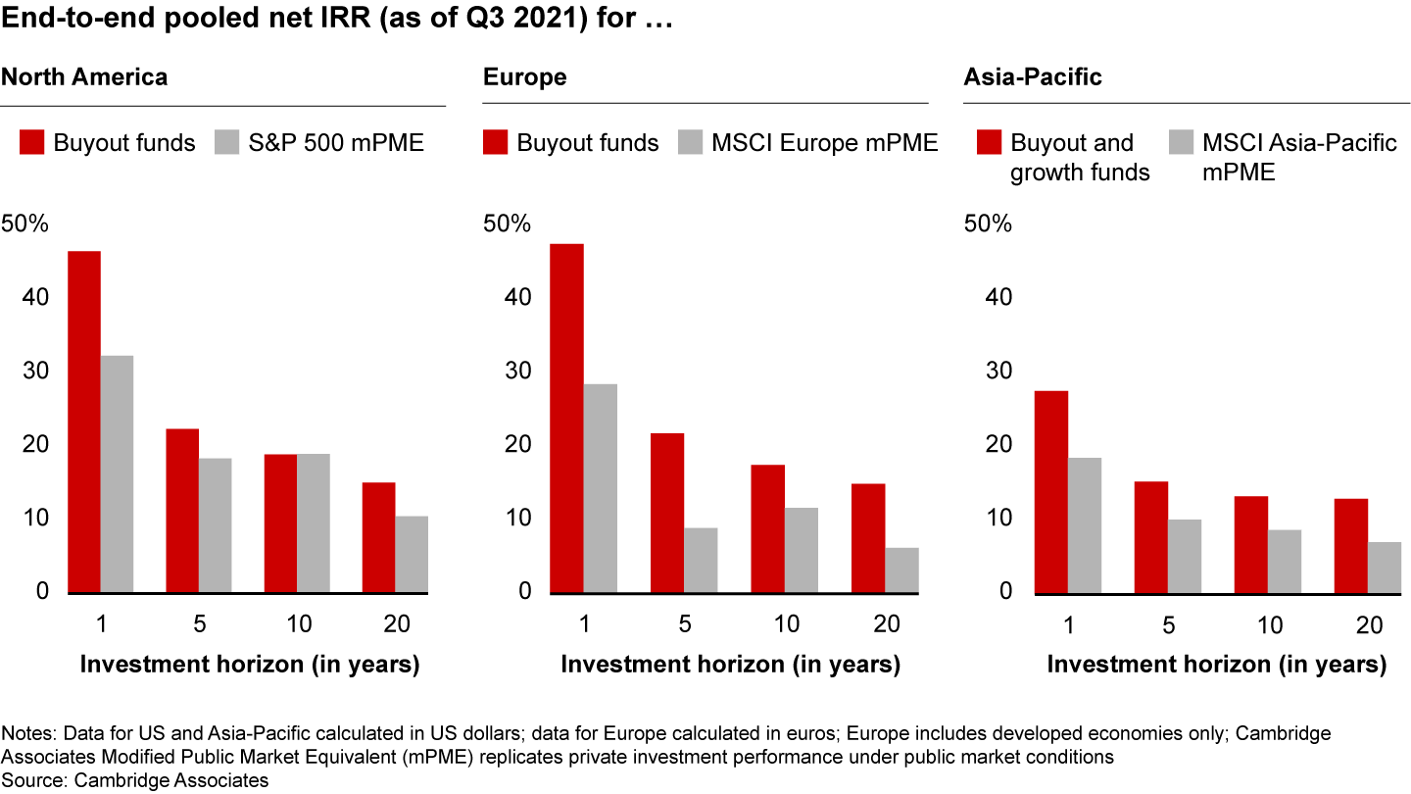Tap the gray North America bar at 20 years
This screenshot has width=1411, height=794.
412,554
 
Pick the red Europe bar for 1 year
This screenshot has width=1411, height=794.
566,419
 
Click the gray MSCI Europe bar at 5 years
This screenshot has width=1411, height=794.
701,560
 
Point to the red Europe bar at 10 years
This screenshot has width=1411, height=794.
768,528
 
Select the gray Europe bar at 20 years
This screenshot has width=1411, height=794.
902,570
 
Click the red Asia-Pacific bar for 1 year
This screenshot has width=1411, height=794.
1052,492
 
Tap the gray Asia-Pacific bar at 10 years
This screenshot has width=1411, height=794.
1285,561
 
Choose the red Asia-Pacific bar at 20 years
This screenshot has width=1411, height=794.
1351,546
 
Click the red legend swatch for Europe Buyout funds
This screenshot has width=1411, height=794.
496,143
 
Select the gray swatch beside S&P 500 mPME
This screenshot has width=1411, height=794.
226,143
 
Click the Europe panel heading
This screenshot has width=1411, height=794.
524,76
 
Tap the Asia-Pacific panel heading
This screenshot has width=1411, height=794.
1033,76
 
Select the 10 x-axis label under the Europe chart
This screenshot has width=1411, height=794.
787,624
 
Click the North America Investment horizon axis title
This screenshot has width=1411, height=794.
249,665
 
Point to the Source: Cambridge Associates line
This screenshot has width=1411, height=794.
135,780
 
